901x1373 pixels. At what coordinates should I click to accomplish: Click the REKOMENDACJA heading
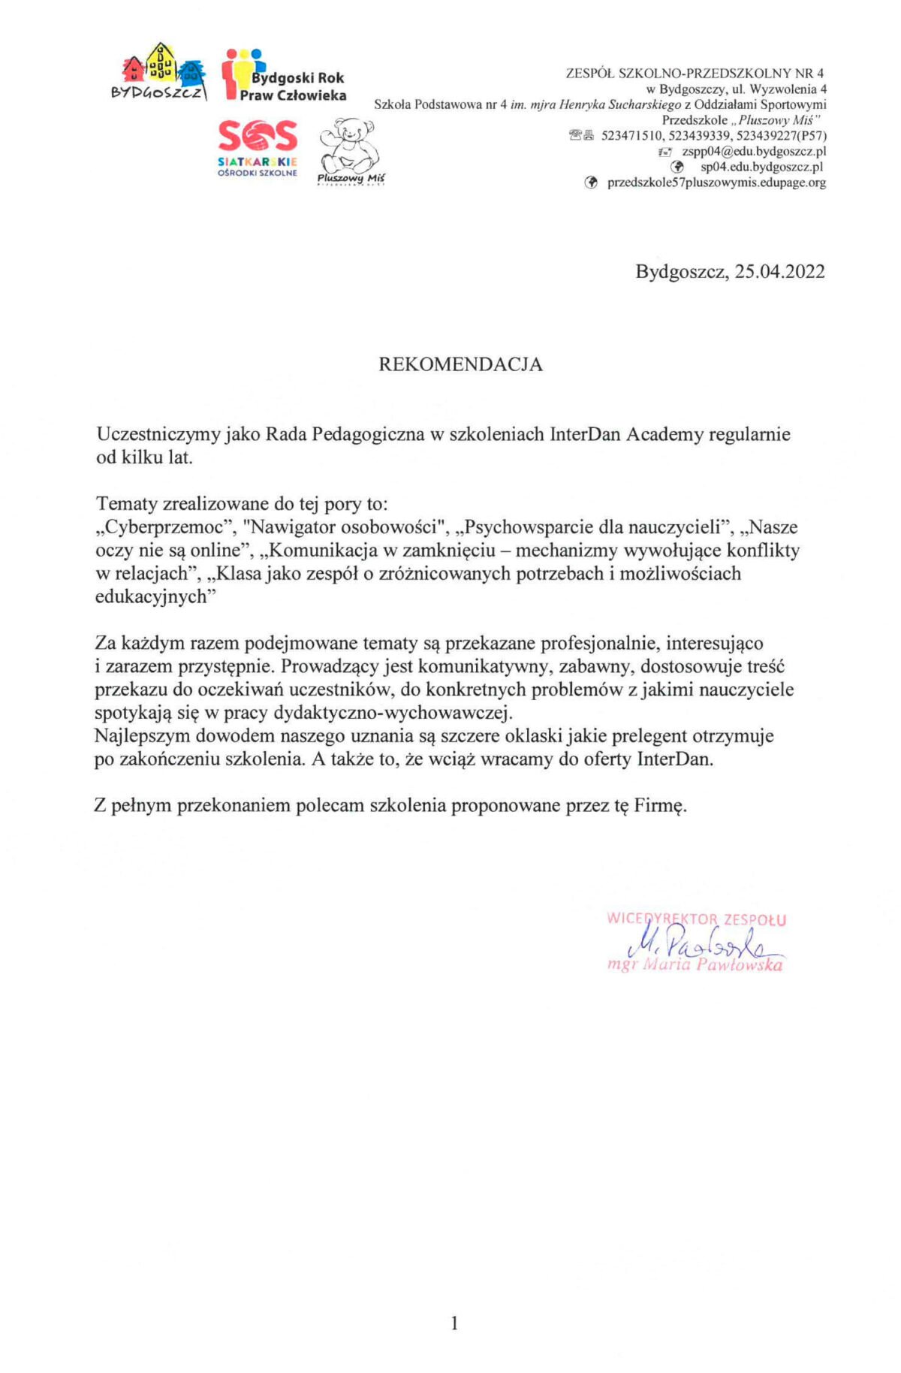pos(460,364)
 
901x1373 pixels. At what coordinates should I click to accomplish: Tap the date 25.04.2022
pos(779,271)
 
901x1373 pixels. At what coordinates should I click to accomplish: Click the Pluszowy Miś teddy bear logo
pos(350,151)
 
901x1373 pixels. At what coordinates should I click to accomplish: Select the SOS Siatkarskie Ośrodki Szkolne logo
pos(258,147)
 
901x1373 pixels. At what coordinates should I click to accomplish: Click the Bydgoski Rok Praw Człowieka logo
pos(285,76)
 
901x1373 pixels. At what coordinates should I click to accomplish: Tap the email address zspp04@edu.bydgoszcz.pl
pos(754,151)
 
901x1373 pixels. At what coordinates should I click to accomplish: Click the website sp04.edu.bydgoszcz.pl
pos(761,167)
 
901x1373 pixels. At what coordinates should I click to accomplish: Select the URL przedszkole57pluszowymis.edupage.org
pos(716,183)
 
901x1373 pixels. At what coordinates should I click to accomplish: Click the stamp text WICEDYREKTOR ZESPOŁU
pos(696,919)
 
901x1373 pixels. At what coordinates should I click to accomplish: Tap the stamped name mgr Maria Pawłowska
pos(695,965)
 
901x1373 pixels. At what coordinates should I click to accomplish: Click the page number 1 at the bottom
pos(454,1323)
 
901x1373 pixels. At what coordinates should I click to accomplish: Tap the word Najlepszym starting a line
pos(140,736)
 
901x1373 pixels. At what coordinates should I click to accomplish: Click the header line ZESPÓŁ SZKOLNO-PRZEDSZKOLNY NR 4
pos(695,74)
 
